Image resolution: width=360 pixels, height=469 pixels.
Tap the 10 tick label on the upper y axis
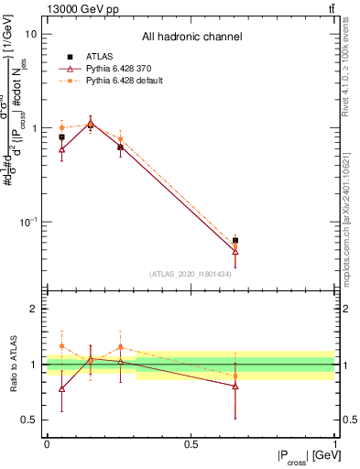[31, 34]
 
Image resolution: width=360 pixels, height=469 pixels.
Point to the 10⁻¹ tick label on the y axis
[27, 223]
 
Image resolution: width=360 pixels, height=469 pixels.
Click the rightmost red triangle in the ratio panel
[235, 386]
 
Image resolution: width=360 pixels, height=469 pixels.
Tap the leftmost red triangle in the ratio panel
[61, 388]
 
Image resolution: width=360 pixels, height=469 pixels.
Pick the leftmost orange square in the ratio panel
[61, 346]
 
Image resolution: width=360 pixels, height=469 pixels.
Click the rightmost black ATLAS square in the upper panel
[235, 240]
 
